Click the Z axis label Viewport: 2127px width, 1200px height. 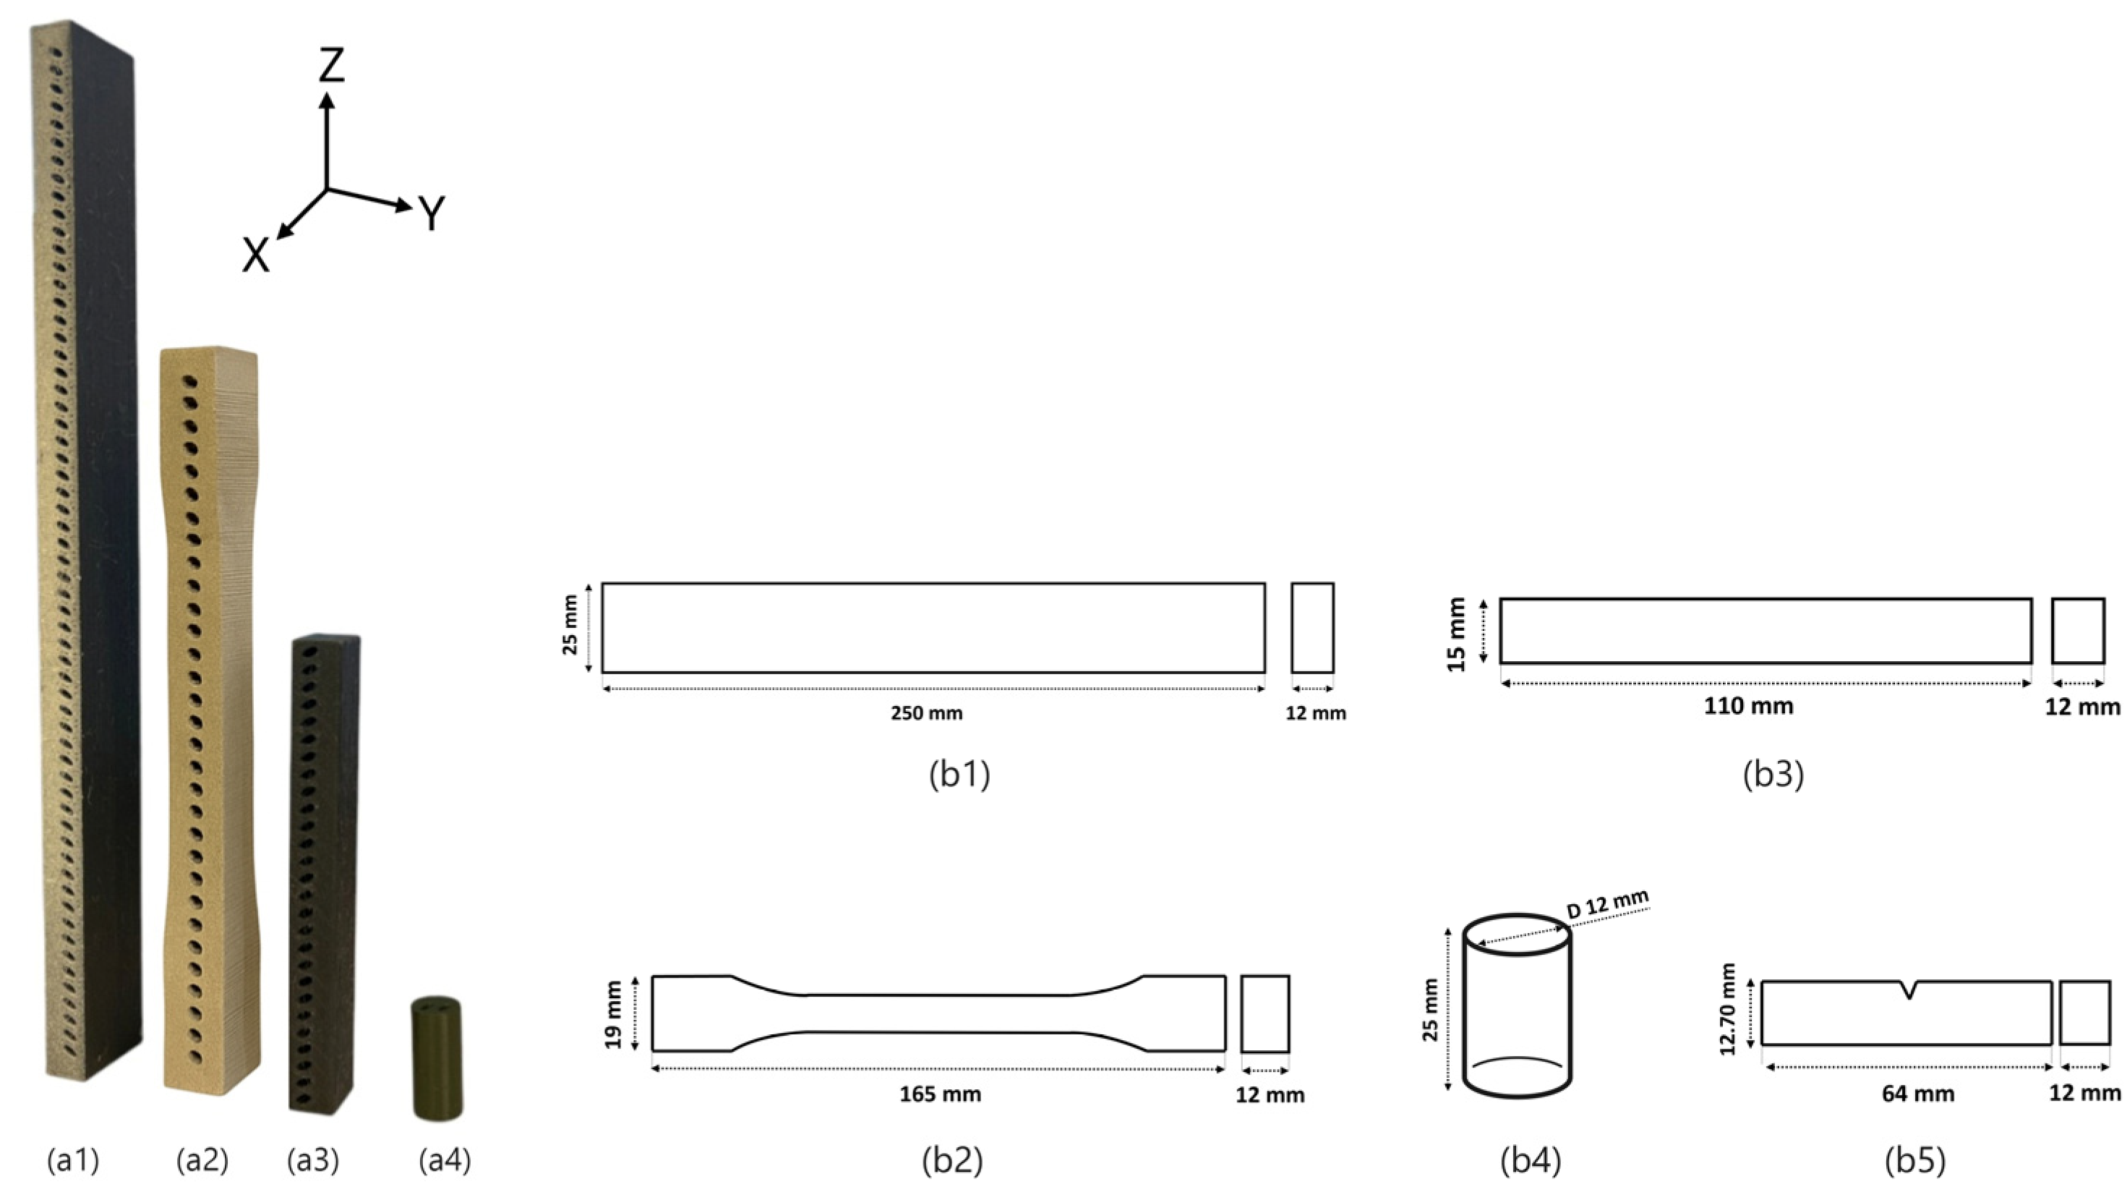point(331,66)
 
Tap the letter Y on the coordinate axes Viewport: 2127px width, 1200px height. point(432,213)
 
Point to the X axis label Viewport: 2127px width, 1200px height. point(255,256)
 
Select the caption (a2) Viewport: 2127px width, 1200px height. point(202,1160)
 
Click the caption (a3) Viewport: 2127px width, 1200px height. point(313,1160)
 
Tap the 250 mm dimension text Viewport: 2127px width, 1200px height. point(926,712)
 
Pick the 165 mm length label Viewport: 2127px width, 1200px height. point(940,1094)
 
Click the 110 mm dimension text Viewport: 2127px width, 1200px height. point(1748,706)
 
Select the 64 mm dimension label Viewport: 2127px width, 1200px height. point(1917,1094)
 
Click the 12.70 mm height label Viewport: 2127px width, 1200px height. point(1727,1009)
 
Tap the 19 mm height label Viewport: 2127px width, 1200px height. point(612,1014)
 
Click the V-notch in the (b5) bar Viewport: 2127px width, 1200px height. point(1908,990)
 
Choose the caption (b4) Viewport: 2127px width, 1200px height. point(1530,1160)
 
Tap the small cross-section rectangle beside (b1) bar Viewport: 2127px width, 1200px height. point(1312,628)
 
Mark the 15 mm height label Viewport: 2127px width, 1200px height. point(1457,634)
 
